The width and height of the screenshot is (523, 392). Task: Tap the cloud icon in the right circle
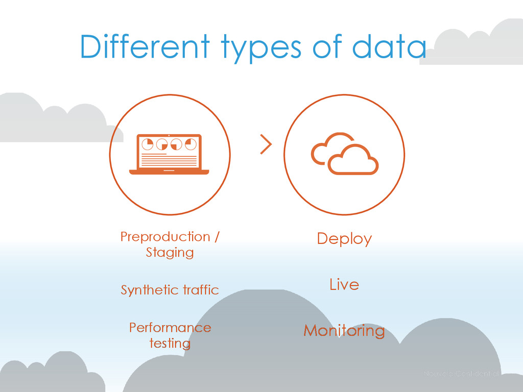(345, 153)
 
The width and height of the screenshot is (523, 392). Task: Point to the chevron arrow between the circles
(266, 144)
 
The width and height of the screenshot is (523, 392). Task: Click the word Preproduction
(165, 237)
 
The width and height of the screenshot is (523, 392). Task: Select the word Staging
(170, 252)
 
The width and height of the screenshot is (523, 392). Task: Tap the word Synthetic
(142, 290)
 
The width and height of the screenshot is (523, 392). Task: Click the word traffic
(201, 290)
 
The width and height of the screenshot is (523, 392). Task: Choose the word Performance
(170, 327)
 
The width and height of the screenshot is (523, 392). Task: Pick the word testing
(170, 343)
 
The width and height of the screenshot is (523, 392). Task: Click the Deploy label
(344, 239)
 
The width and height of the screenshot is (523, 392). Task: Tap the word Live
(344, 284)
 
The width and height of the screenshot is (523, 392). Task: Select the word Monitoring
(344, 331)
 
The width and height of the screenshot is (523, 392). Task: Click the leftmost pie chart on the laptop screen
(147, 144)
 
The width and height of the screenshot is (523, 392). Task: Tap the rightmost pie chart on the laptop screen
(191, 144)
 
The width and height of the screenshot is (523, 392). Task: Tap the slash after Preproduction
(217, 237)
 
